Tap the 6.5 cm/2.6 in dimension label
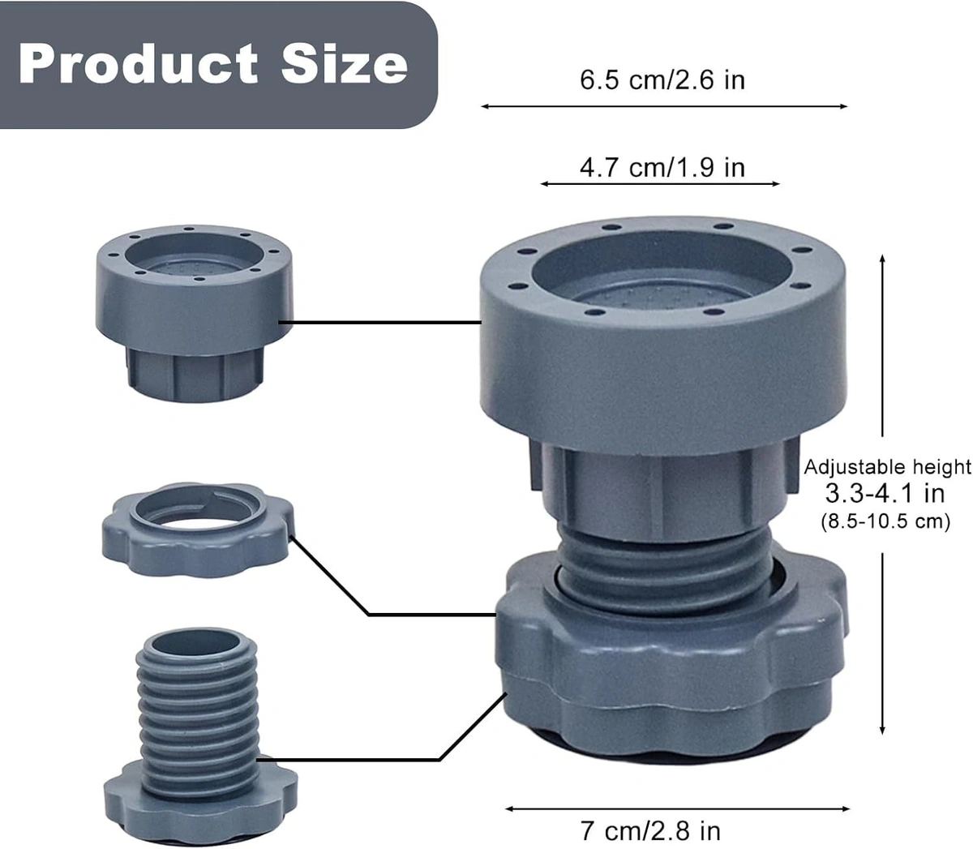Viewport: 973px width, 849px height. pos(662,80)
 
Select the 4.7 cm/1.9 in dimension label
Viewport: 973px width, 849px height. pos(662,167)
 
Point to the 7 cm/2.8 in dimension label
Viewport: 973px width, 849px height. pos(650,830)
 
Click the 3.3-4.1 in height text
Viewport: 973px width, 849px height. pos(885,493)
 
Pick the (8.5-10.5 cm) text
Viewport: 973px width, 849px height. pos(885,521)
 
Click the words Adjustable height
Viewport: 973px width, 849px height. pos(887,467)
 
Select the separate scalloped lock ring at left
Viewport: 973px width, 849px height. pos(195,531)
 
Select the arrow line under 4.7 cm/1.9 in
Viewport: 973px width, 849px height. pos(660,184)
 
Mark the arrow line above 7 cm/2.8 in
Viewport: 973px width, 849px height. pos(677,808)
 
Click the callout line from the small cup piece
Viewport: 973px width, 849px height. pos(381,322)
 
